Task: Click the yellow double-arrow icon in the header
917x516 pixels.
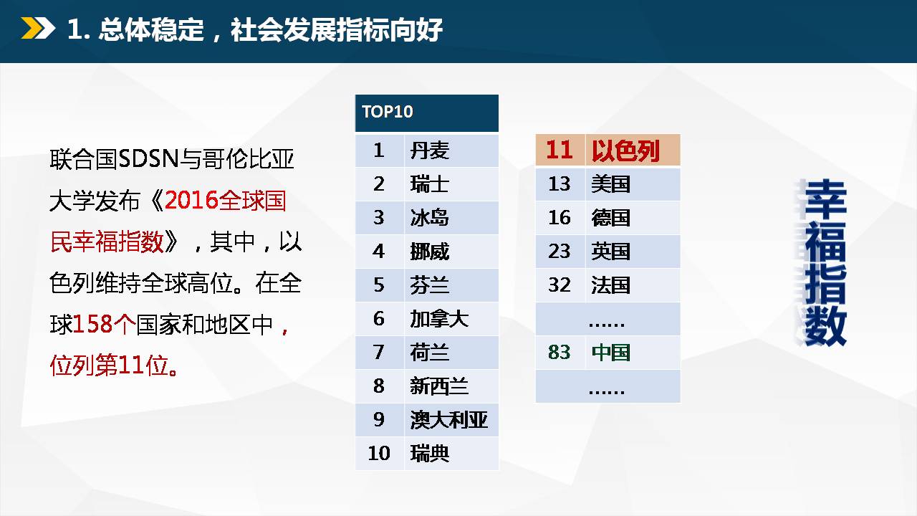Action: point(38,28)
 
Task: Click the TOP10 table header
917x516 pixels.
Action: point(426,113)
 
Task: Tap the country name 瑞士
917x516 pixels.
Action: point(429,184)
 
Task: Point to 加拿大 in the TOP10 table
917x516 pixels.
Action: point(439,319)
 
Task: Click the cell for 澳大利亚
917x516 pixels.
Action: point(451,420)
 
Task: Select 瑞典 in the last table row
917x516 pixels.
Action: point(429,454)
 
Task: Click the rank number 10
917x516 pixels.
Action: point(379,454)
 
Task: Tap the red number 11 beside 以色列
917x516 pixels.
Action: point(559,150)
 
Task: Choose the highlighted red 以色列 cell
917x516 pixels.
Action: point(633,150)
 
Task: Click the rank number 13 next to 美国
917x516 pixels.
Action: point(560,184)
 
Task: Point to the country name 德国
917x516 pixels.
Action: point(610,217)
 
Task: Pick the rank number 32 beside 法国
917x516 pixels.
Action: point(560,285)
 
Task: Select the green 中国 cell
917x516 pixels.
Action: point(633,353)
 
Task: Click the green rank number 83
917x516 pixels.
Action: point(560,352)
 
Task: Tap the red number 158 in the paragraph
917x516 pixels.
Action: point(92,325)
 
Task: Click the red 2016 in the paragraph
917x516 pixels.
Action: point(191,201)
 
